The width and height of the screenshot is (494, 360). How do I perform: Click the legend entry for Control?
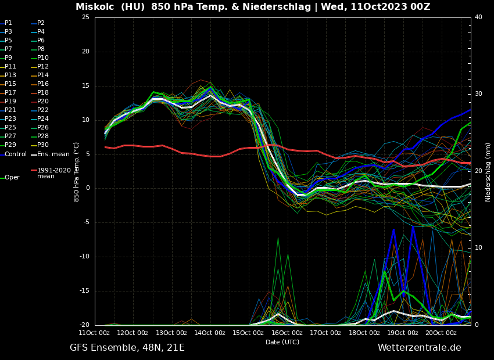tap(16, 154)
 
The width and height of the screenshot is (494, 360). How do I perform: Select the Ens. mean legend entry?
tap(53, 154)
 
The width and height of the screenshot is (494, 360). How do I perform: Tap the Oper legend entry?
tap(12, 178)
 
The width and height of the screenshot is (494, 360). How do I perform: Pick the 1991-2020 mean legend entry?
tap(53, 173)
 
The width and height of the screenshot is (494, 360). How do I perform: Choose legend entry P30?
tap(42, 145)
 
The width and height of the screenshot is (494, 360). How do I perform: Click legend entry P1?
tap(8, 23)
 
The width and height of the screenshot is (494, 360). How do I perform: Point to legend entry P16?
tap(42, 84)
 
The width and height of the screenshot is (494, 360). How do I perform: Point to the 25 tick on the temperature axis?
tap(85, 17)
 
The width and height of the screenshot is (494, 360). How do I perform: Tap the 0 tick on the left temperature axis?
tap(87, 188)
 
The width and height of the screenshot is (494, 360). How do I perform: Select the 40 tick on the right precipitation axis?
tap(478, 17)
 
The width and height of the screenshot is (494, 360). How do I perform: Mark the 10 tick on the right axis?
tap(478, 248)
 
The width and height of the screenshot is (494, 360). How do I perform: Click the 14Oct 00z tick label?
tap(209, 333)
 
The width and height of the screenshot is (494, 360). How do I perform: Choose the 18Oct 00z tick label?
tap(364, 333)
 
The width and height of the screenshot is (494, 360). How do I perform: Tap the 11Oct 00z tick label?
tap(94, 333)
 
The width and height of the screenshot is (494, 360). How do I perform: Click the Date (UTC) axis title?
tap(282, 342)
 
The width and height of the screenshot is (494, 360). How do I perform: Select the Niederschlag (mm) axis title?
tap(488, 172)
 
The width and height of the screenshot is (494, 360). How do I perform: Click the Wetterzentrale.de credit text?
tap(419, 348)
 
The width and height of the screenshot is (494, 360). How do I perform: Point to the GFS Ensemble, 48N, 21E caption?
tap(127, 348)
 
